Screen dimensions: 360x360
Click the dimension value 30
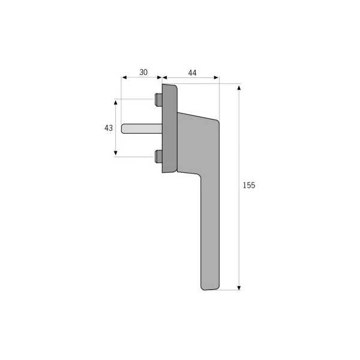[x=143, y=73]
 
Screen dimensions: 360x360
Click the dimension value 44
[x=192, y=73]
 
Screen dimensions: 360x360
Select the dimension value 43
[x=109, y=128]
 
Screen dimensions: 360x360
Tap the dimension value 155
[x=249, y=185]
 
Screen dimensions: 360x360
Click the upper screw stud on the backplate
[x=158, y=100]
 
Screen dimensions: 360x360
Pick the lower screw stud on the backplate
[x=158, y=157]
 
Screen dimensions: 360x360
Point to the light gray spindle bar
[x=142, y=128]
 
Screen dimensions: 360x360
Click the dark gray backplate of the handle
[x=170, y=128]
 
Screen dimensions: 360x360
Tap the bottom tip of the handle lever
[x=205, y=290]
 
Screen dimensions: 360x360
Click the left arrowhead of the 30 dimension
[x=124, y=77]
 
